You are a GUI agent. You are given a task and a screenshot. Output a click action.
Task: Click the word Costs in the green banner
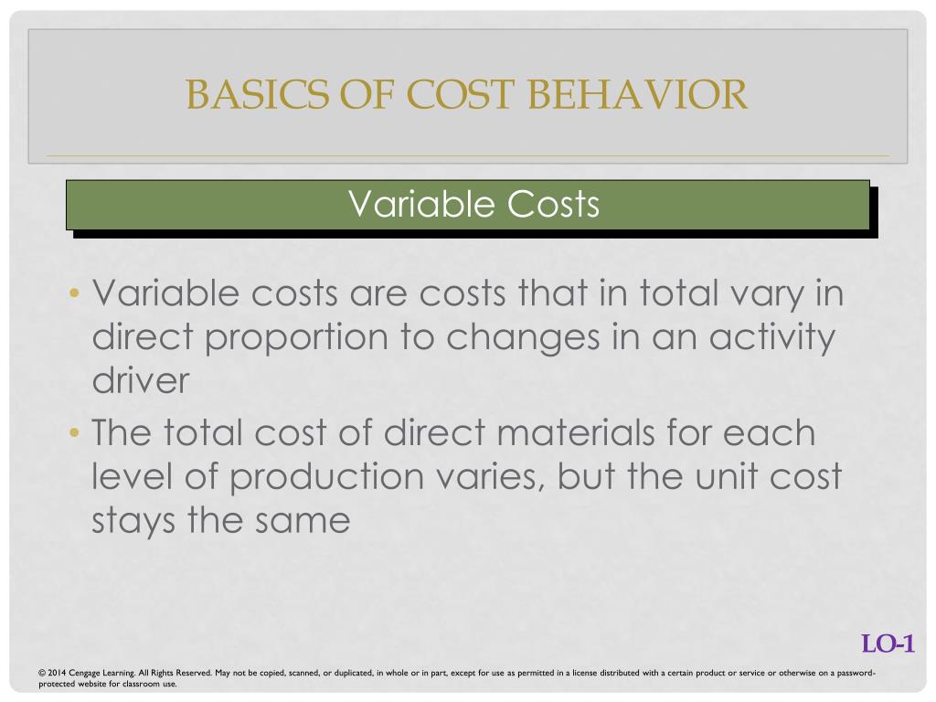click(553, 204)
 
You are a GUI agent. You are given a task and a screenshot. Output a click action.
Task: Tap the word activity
click(767, 337)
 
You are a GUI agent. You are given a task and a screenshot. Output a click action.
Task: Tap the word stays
click(133, 521)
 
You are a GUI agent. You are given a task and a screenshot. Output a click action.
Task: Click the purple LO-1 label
click(888, 644)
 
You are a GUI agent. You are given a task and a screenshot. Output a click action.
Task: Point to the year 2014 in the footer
click(56, 674)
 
